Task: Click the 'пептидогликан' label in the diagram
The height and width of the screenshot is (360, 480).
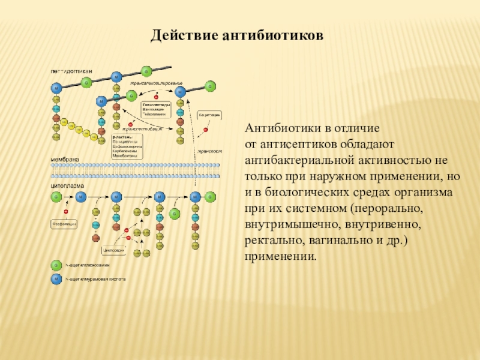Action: [71, 71]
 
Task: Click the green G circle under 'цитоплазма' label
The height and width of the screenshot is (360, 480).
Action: [56, 196]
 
